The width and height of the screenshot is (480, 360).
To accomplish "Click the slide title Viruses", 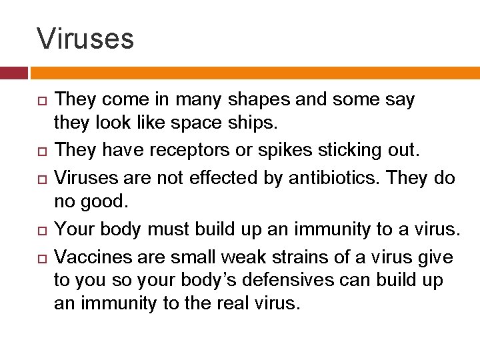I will [x=85, y=39].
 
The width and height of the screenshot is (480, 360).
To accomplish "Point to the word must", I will [x=174, y=229].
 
